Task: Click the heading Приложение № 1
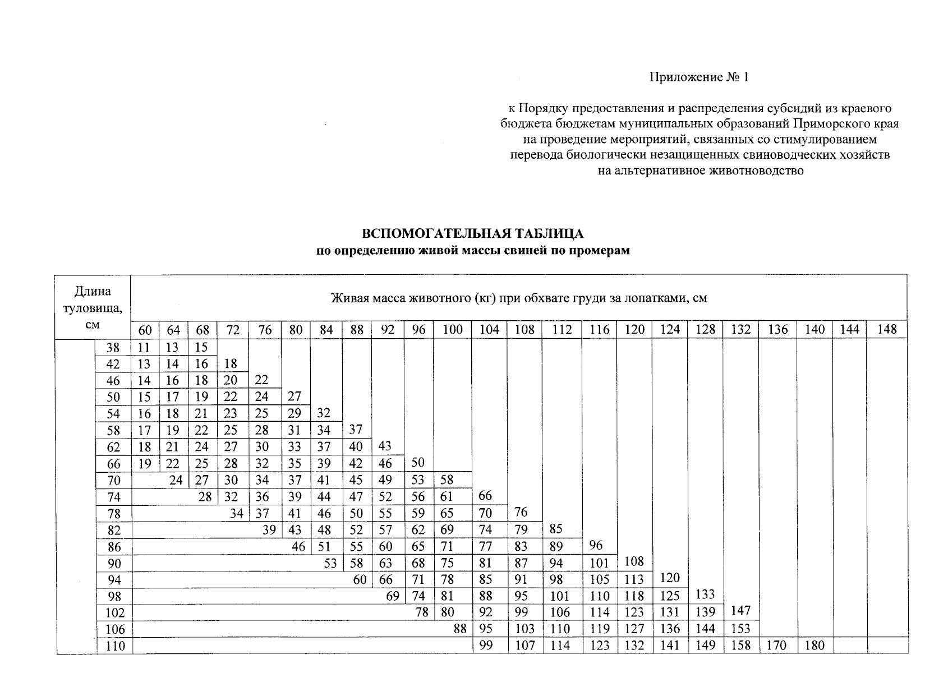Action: tap(699, 77)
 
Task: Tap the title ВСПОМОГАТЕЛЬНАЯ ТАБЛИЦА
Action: tap(473, 233)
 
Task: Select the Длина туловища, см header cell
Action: tap(93, 307)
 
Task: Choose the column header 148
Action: tap(886, 330)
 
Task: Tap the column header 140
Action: tap(814, 330)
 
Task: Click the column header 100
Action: tap(453, 330)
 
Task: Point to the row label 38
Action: tap(113, 348)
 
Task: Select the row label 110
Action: tap(115, 646)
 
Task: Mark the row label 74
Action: tap(113, 497)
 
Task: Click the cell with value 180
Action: tap(814, 646)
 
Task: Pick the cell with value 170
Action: tap(777, 646)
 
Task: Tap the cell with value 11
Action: tap(144, 348)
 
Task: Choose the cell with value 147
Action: tap(740, 611)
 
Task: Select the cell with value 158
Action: tap(740, 646)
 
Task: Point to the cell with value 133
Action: tap(705, 594)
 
